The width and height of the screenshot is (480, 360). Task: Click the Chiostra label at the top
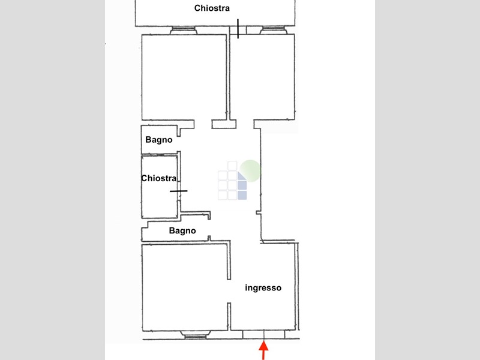click(x=212, y=8)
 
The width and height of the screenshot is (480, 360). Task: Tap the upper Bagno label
click(x=159, y=140)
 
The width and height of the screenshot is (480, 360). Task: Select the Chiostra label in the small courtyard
click(x=159, y=178)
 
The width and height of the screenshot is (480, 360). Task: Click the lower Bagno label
click(x=182, y=230)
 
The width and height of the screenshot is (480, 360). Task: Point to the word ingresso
click(x=263, y=288)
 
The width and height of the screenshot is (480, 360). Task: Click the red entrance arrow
click(x=263, y=350)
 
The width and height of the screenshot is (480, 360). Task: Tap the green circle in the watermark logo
click(x=250, y=171)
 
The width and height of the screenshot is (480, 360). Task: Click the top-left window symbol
click(x=183, y=31)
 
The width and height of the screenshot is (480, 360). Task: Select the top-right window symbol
click(x=274, y=31)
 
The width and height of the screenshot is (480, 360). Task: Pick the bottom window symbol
click(x=195, y=335)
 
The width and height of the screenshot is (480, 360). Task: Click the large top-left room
click(x=184, y=77)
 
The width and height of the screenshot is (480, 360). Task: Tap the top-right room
click(x=262, y=77)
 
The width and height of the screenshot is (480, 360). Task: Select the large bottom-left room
click(x=185, y=288)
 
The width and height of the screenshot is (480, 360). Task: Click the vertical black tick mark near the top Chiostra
click(x=238, y=29)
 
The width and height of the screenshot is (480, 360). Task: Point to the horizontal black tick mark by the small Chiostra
click(x=179, y=191)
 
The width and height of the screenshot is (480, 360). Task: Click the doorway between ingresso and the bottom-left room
click(x=229, y=291)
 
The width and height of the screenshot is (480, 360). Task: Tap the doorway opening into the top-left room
click(x=203, y=124)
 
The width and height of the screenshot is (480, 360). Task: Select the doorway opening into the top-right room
click(x=245, y=124)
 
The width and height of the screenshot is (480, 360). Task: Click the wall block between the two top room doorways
click(x=224, y=124)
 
